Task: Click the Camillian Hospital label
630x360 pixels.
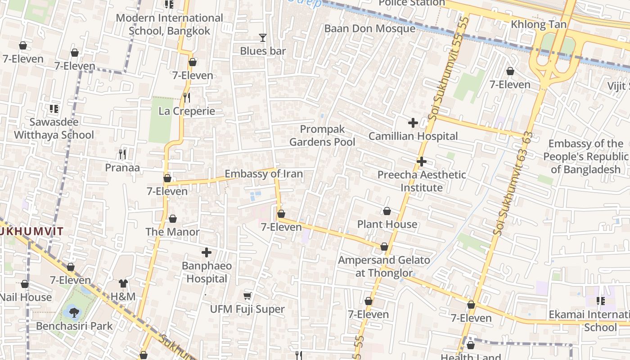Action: (x=413, y=136)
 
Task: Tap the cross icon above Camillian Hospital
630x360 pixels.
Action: (x=413, y=122)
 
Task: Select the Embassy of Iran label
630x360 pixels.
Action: (x=264, y=174)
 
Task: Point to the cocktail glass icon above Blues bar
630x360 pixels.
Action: (x=263, y=38)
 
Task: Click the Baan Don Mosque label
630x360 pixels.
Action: (x=370, y=28)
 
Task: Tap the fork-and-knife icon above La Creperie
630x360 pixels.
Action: (x=187, y=97)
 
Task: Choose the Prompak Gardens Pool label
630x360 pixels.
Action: (x=322, y=135)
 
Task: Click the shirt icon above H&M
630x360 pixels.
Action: (x=123, y=283)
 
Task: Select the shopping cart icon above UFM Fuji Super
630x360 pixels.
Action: (x=247, y=296)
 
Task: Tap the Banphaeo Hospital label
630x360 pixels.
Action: (x=207, y=272)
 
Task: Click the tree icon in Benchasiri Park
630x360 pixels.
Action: (x=73, y=310)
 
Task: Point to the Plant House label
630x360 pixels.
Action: (x=387, y=224)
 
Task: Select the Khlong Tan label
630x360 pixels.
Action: (x=538, y=24)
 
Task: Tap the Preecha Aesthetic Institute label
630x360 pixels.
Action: (x=422, y=181)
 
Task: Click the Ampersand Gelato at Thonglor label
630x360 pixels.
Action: (x=384, y=266)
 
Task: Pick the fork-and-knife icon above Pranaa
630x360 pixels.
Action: (x=122, y=154)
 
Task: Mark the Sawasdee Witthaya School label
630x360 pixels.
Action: (x=54, y=128)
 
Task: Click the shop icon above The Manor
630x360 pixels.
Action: (x=173, y=219)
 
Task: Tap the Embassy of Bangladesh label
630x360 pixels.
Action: (x=585, y=156)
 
